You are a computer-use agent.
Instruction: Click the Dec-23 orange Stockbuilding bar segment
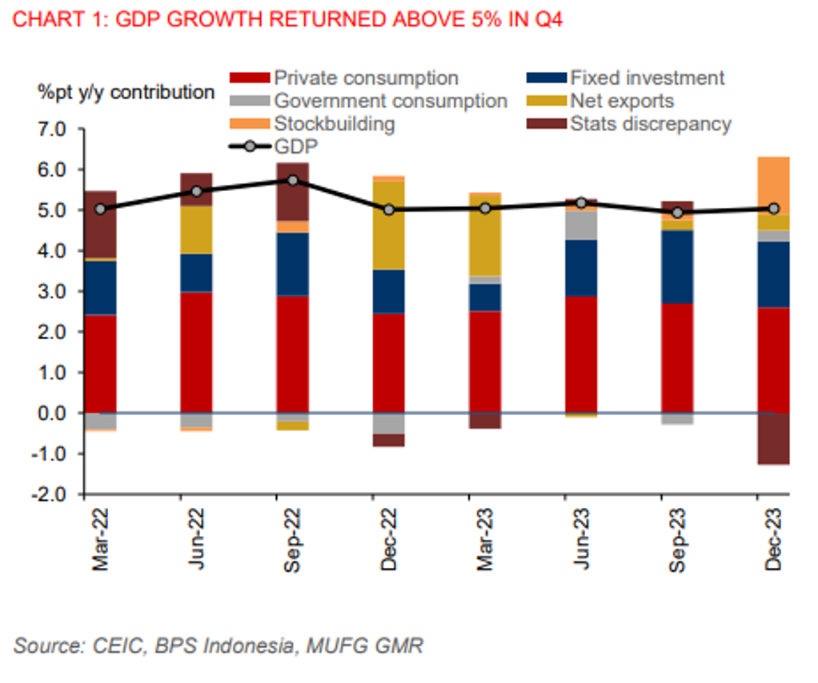coord(773,186)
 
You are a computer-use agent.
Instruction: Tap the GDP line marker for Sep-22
coord(293,181)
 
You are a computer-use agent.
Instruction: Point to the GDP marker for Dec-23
coord(773,209)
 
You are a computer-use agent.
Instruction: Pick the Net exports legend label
coord(622,102)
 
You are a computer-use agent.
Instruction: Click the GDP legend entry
coord(296,146)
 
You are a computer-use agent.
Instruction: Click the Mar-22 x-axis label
coord(100,541)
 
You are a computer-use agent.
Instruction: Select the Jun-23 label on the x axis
coord(582,541)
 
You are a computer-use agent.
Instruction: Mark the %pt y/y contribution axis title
coord(126,93)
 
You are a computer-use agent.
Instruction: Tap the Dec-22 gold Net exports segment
coord(389,226)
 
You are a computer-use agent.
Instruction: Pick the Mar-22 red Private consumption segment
coord(101,364)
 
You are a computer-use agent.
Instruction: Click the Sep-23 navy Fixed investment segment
coord(677,267)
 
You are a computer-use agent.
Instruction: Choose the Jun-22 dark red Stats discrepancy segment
coord(197,190)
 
